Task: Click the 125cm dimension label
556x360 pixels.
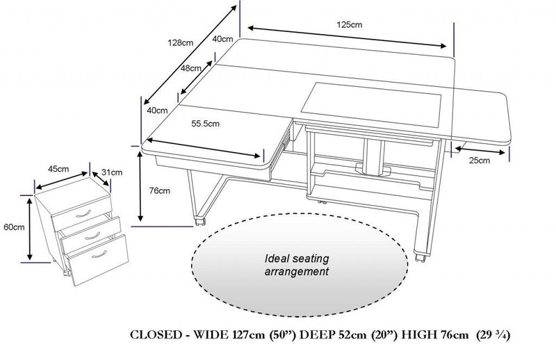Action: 350,24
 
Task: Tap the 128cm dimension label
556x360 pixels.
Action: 181,42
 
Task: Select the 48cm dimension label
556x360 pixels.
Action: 191,69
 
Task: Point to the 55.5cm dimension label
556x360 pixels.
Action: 206,124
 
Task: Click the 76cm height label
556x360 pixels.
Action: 160,190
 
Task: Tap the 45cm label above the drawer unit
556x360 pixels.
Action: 58,169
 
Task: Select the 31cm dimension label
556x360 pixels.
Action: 112,172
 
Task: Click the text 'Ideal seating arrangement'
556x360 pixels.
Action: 297,265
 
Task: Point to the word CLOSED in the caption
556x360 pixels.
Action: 156,335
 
